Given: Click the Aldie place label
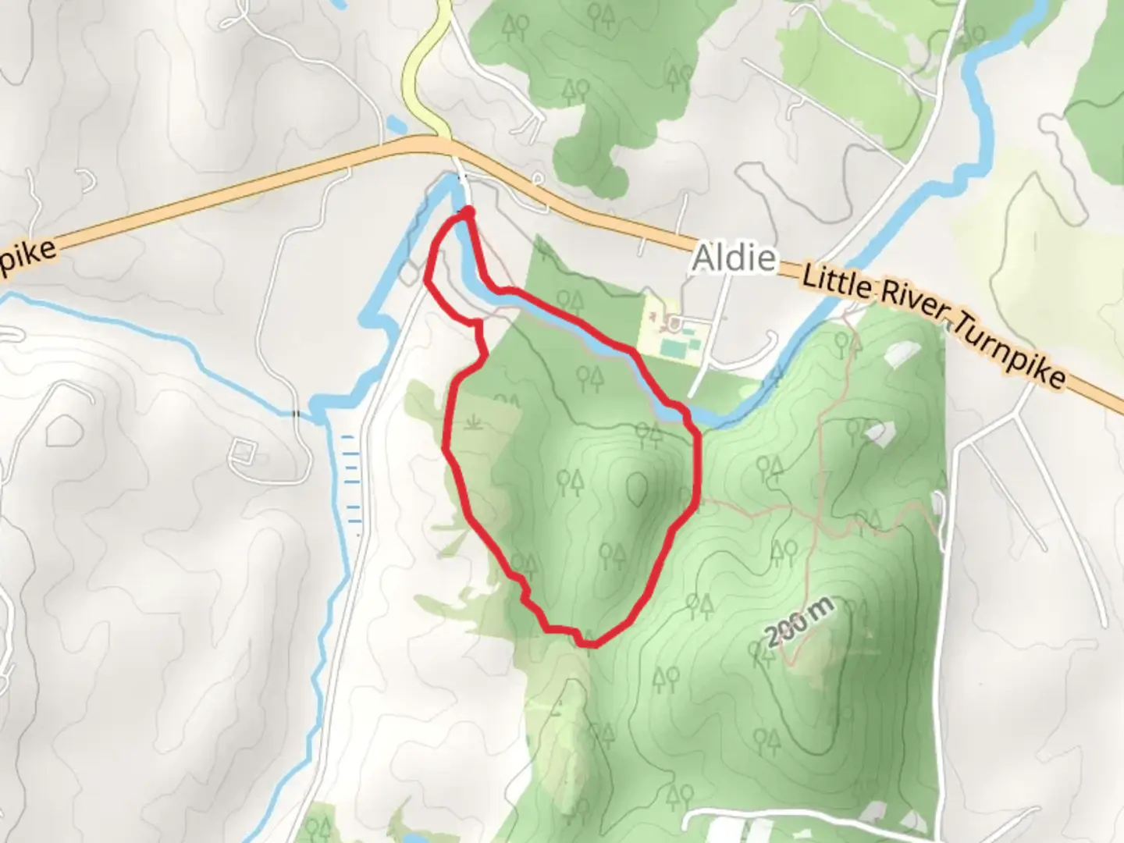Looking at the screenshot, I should (734, 257).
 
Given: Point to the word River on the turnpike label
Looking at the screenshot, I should (913, 307).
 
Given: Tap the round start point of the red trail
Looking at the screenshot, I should (469, 211).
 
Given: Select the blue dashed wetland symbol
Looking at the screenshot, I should (351, 476).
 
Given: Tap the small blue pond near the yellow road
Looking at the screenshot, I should (396, 123).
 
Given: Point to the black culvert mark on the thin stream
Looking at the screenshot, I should (294, 413).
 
